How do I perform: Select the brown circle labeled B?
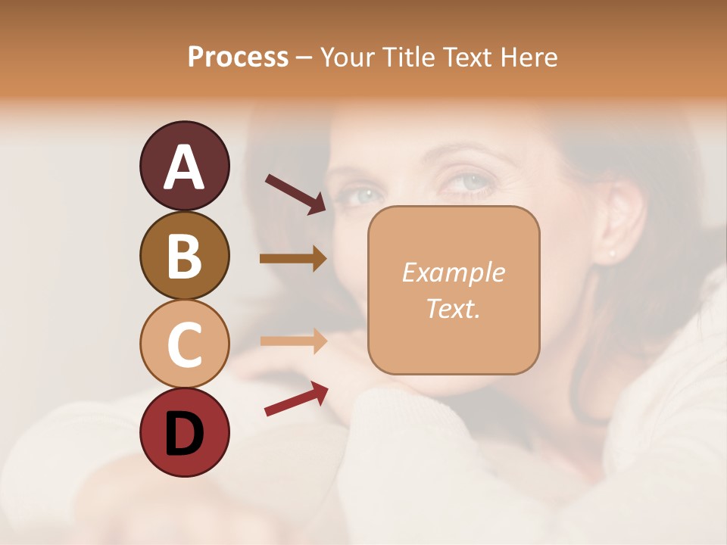[184, 256]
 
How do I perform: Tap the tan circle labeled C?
[184, 343]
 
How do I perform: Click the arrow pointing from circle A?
[295, 195]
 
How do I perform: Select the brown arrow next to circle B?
[293, 258]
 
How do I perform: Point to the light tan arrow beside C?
[293, 340]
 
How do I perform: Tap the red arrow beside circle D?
[296, 399]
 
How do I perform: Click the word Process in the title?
[238, 58]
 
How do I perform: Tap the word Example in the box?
[453, 272]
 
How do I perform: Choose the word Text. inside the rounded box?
[453, 308]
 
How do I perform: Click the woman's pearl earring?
[612, 253]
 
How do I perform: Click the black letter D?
[184, 434]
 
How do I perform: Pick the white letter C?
[184, 345]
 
